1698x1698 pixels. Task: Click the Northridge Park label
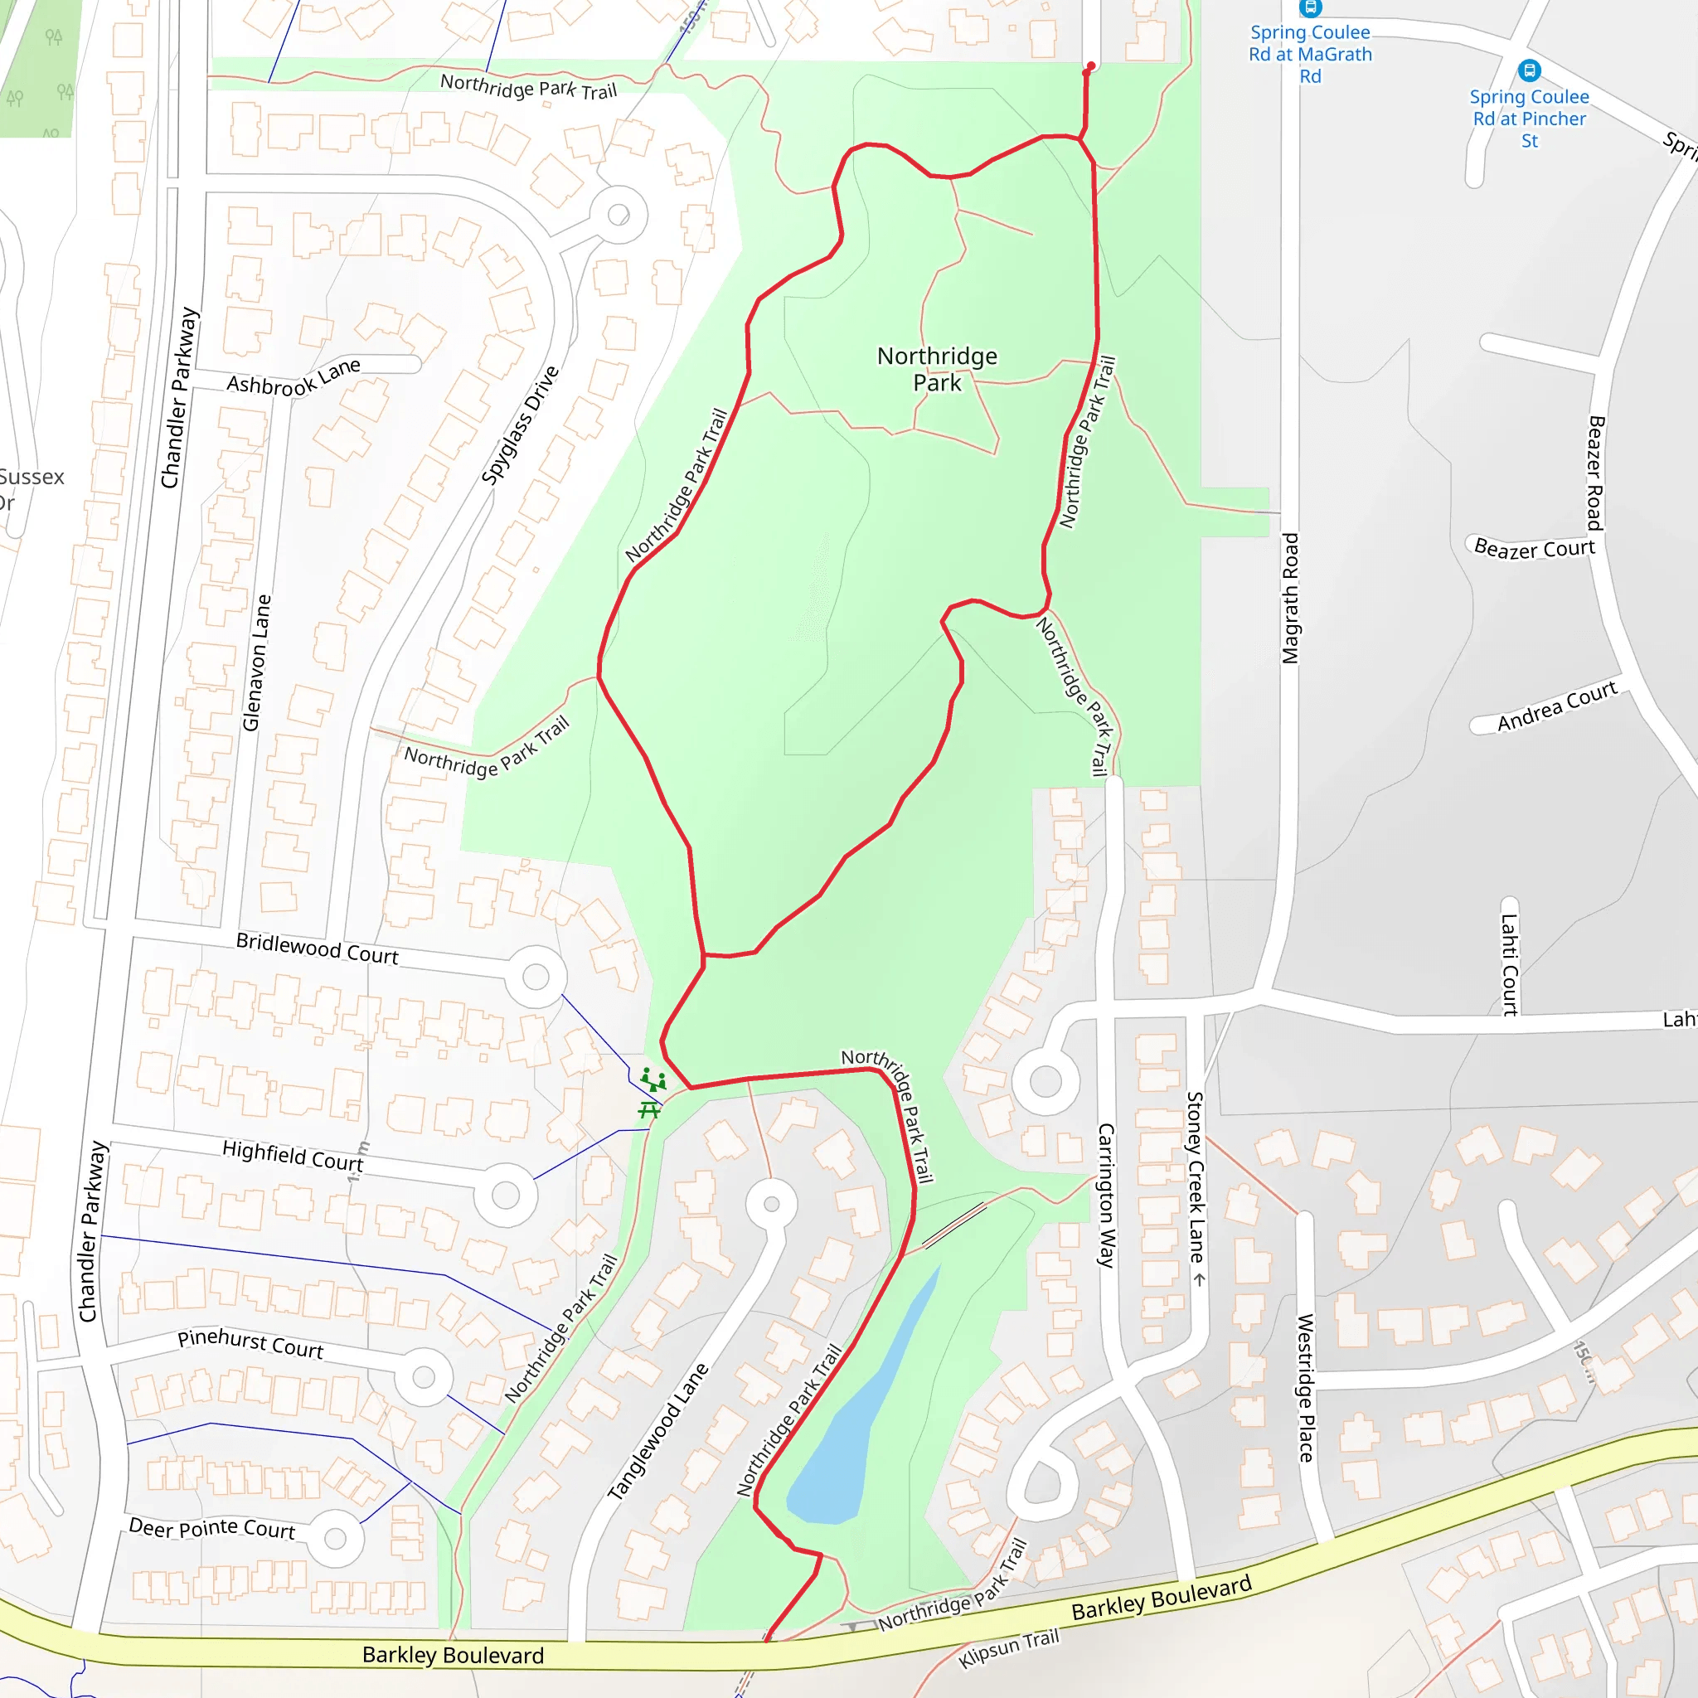[x=937, y=369]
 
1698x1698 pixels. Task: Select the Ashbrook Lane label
[x=294, y=378]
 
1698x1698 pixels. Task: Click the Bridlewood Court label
[x=318, y=948]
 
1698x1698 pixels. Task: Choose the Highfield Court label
[x=293, y=1155]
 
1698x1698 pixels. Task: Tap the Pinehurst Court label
[x=250, y=1343]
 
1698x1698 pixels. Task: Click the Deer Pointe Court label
[x=211, y=1528]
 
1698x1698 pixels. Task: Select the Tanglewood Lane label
[x=657, y=1432]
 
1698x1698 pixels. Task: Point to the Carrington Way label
[x=1106, y=1196]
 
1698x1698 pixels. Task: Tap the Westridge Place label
[x=1306, y=1388]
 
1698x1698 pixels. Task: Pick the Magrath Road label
[x=1289, y=599]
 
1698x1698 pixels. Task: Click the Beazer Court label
[x=1534, y=548]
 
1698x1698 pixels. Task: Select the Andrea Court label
[x=1556, y=706]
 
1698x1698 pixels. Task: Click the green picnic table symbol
[x=649, y=1111]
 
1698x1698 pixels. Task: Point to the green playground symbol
[x=653, y=1079]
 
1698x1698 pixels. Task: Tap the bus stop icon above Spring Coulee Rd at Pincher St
[x=1529, y=70]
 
